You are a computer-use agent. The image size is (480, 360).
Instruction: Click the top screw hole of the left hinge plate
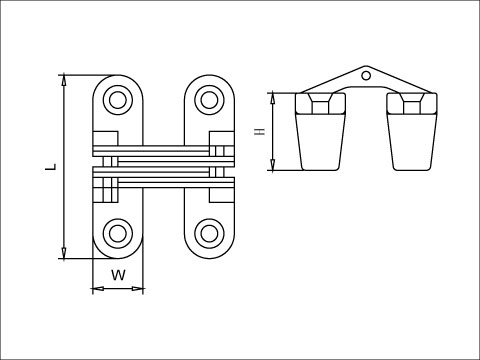click(118, 99)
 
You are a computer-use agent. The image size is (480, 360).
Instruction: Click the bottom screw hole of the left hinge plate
click(118, 234)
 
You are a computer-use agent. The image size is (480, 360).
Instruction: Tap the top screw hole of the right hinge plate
click(208, 99)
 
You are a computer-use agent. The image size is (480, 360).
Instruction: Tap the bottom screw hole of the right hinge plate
click(208, 234)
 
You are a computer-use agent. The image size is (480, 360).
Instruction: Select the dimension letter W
click(118, 274)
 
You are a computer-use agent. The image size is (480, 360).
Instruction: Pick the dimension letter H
click(259, 132)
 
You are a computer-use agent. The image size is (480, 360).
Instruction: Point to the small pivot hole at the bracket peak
click(367, 74)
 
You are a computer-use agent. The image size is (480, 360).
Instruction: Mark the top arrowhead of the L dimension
click(65, 79)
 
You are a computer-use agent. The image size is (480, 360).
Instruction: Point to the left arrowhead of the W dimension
click(95, 290)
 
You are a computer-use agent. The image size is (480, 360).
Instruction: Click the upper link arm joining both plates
click(163, 153)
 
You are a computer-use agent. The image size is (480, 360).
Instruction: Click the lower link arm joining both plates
click(163, 180)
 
